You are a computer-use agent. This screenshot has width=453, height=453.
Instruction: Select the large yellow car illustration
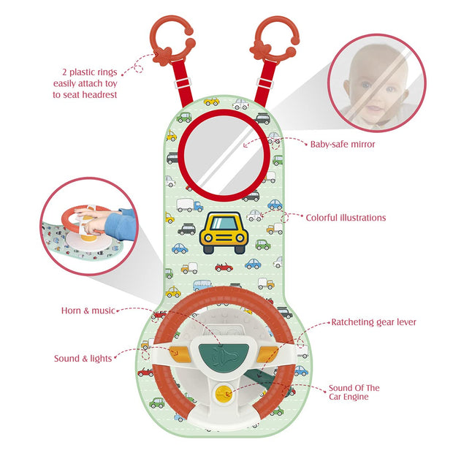click(x=224, y=233)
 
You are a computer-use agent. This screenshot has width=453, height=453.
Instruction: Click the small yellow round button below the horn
click(x=224, y=393)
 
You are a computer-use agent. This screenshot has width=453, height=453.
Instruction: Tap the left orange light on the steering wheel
click(x=180, y=354)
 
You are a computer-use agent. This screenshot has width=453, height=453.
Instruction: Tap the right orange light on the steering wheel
click(x=267, y=354)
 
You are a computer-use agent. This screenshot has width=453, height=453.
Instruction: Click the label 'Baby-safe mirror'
click(x=343, y=144)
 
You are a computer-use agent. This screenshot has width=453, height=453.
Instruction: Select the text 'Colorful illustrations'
click(x=346, y=218)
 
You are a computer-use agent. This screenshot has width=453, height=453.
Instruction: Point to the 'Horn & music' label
click(x=88, y=311)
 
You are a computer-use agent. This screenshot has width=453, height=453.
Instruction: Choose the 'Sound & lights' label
click(x=83, y=359)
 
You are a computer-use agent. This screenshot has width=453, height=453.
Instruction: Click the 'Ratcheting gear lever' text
click(x=373, y=322)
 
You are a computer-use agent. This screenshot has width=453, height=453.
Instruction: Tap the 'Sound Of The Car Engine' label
click(x=354, y=392)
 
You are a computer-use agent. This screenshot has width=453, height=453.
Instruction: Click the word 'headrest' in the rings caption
click(x=101, y=94)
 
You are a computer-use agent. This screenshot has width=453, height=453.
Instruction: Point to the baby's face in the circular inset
click(x=376, y=85)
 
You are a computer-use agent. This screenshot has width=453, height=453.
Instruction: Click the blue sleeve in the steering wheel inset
click(x=121, y=224)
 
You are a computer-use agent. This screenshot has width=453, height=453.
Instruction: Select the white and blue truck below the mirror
click(x=190, y=205)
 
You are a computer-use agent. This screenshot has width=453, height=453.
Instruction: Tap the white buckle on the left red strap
click(x=183, y=83)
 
